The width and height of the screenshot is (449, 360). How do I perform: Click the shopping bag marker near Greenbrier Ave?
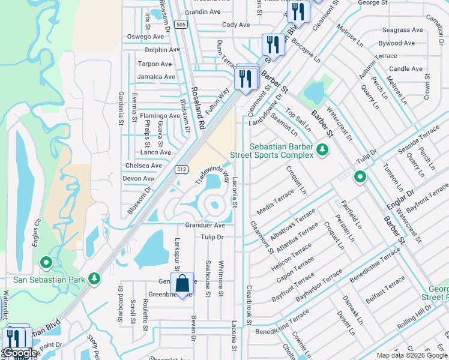[x=182, y=283]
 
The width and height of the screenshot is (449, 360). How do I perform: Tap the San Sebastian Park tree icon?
[x=94, y=278]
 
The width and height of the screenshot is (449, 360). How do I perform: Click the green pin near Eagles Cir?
[x=46, y=262]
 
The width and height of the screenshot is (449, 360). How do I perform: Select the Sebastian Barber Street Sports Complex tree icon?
[x=323, y=149]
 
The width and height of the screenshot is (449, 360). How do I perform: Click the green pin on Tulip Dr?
[x=360, y=177]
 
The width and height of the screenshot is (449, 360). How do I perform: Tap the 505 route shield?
[x=181, y=24]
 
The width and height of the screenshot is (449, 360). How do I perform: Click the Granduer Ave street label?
[x=205, y=226]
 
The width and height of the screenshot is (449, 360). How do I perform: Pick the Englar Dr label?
[x=402, y=200]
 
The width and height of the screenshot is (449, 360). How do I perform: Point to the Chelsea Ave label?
[x=143, y=166]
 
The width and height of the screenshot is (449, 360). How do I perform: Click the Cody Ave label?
[x=236, y=25]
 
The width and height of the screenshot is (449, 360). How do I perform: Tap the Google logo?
[x=20, y=353]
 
